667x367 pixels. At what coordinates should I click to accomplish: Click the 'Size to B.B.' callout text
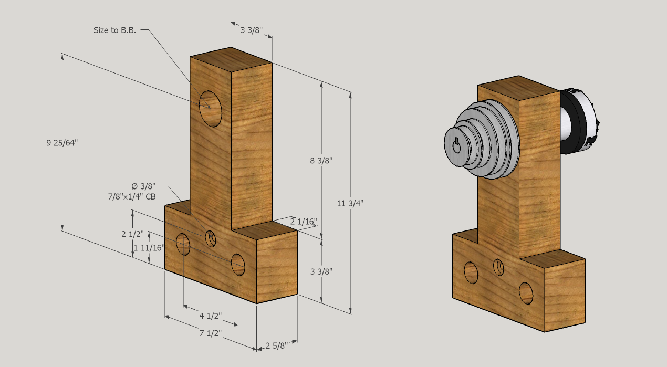(x=114, y=30)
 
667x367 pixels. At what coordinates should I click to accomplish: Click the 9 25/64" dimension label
(x=62, y=142)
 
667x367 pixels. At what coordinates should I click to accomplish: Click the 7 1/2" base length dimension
(x=210, y=333)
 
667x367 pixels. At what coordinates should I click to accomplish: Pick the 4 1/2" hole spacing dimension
(x=211, y=316)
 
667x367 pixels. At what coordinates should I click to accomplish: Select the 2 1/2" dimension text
(x=132, y=234)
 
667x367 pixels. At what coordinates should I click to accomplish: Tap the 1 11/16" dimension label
(x=150, y=247)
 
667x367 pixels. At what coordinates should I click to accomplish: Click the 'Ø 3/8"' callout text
(x=144, y=186)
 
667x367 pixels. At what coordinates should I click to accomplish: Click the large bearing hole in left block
(x=211, y=109)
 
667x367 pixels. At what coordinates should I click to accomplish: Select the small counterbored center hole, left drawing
(x=211, y=238)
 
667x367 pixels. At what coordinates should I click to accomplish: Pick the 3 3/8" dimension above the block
(x=251, y=30)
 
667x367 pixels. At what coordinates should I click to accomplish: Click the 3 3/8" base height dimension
(x=321, y=271)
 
